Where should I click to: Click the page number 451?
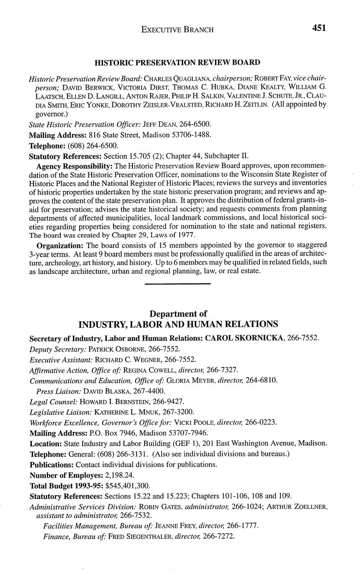319,28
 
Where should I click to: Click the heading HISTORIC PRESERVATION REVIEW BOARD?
177,62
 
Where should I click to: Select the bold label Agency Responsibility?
75,166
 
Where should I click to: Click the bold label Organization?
60,245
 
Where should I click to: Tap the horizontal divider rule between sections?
177,284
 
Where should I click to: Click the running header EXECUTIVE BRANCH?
177,29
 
